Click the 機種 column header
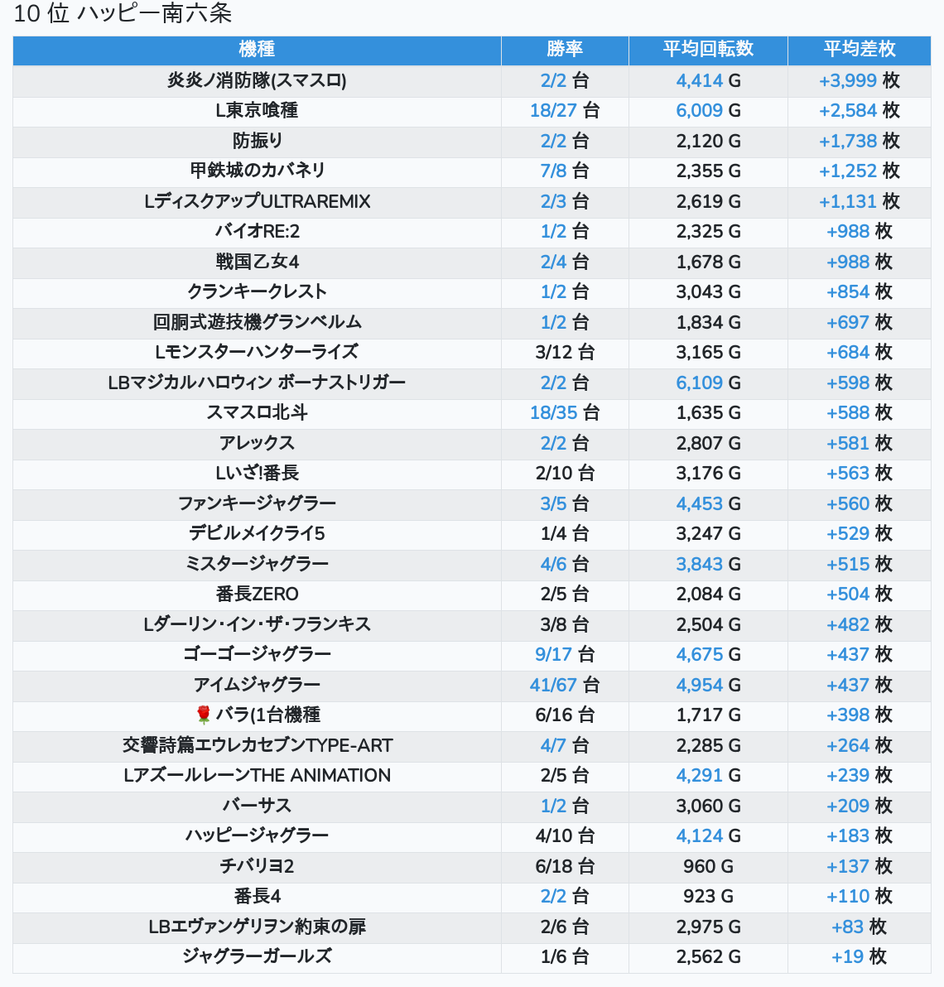pyautogui.click(x=257, y=50)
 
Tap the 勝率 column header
pyautogui.click(x=565, y=50)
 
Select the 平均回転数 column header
pyautogui.click(x=708, y=50)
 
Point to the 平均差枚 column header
pyautogui.click(x=859, y=50)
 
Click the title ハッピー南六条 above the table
pyautogui.click(x=154, y=14)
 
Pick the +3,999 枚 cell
pyautogui.click(x=859, y=80)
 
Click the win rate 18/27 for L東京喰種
pyautogui.click(x=565, y=111)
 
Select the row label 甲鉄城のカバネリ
pyautogui.click(x=257, y=171)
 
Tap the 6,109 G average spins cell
pyautogui.click(x=708, y=383)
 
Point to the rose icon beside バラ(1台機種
pyautogui.click(x=204, y=715)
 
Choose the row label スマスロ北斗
pyautogui.click(x=257, y=412)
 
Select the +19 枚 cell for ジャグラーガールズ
pyautogui.click(x=859, y=957)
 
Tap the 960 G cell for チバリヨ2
pyautogui.click(x=708, y=866)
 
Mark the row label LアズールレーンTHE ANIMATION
pyautogui.click(x=257, y=776)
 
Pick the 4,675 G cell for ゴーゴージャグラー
pyautogui.click(x=708, y=654)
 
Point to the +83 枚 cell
pyautogui.click(x=859, y=927)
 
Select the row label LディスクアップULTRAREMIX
pyautogui.click(x=257, y=201)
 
